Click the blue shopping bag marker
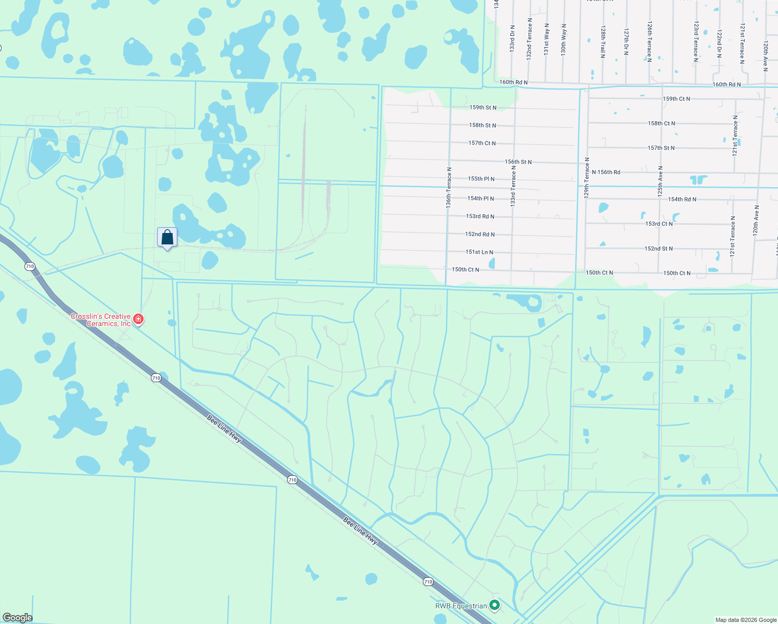tap(167, 238)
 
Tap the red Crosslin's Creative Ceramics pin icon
tap(138, 319)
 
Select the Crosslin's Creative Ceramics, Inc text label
tap(101, 320)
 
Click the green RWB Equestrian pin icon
tap(495, 605)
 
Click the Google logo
tap(17, 617)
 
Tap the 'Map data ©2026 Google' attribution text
tap(746, 620)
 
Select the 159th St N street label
tap(483, 108)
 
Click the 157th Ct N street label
tap(482, 143)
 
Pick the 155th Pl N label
tap(481, 179)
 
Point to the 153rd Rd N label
tap(480, 216)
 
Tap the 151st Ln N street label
tap(479, 252)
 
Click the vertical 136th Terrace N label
tap(448, 188)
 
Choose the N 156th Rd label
tap(606, 172)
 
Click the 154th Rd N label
tap(682, 199)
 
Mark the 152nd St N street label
tap(658, 249)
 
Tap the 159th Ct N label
tap(676, 99)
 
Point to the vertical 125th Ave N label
tap(660, 181)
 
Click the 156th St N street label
tap(518, 162)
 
